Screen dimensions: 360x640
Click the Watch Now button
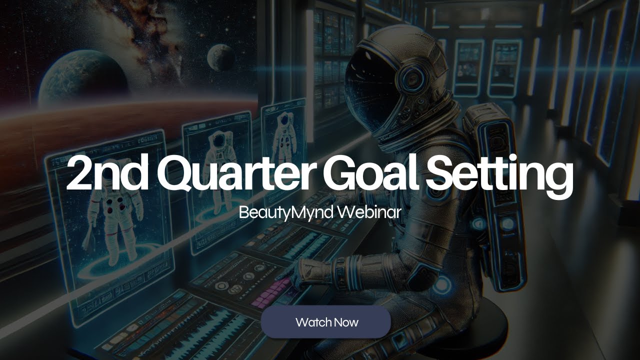click(x=325, y=322)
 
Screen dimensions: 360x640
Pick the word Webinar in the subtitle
click(x=369, y=212)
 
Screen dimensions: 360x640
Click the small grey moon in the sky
click(x=220, y=56)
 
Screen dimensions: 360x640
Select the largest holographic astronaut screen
click(x=112, y=220)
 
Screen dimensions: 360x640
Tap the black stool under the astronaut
click(x=480, y=320)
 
